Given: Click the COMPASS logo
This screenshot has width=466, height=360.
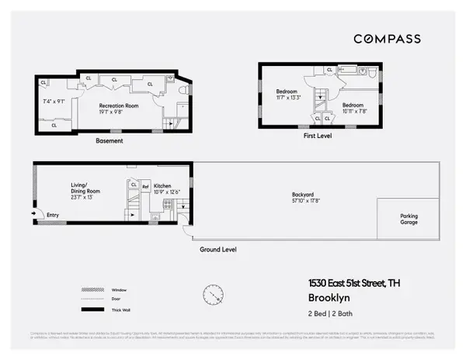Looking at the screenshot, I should tap(388, 39).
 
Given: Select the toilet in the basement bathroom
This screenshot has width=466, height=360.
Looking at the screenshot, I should tap(182, 91).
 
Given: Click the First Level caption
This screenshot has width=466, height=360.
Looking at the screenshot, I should tap(318, 134).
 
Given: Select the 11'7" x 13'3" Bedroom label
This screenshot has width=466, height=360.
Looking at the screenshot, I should tap(287, 95).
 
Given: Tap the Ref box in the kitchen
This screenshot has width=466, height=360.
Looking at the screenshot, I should tap(144, 186).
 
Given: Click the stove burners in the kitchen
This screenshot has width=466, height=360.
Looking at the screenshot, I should tap(166, 204).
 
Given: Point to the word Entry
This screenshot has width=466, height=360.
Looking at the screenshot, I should tap(53, 215).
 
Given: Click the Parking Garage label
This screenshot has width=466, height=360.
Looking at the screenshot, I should tap(409, 219).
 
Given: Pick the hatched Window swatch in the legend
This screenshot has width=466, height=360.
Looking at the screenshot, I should tap(92, 289).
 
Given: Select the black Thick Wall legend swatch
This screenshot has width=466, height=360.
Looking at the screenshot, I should tap(92, 310).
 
